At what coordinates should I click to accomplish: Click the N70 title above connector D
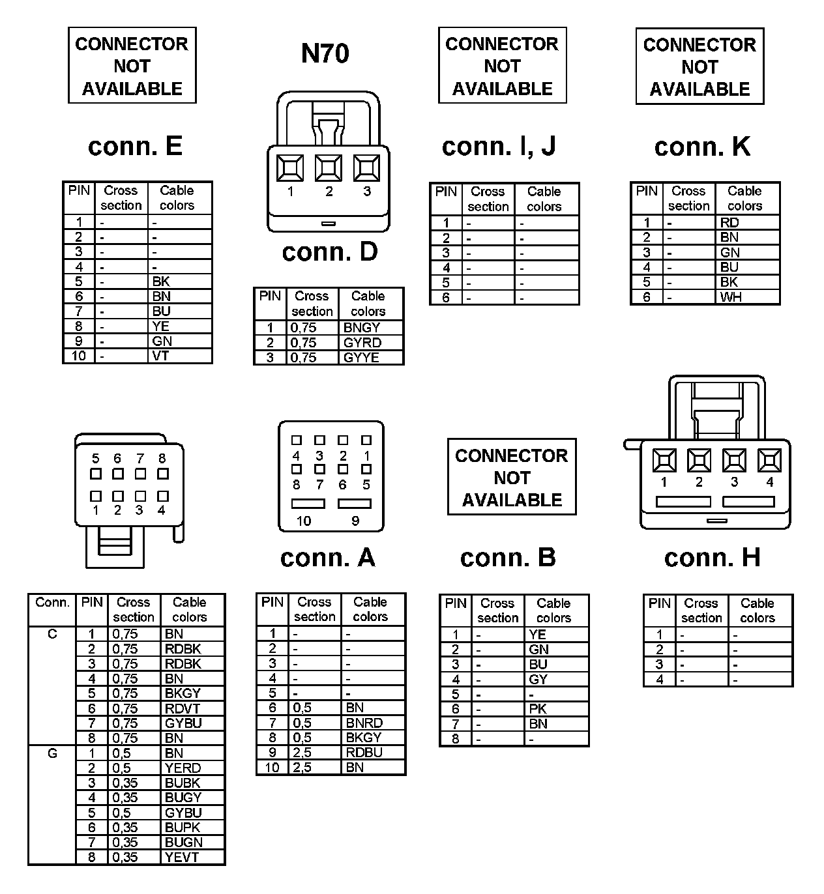point(325,53)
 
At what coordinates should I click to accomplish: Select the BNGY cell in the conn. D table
point(361,328)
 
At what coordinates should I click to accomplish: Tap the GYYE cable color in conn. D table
point(361,358)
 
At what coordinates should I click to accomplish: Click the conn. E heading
point(135,146)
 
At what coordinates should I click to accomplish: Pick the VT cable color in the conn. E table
point(161,356)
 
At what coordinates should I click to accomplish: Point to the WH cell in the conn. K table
point(731,297)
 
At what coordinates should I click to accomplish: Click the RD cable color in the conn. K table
point(729,223)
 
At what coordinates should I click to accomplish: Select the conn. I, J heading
point(499,146)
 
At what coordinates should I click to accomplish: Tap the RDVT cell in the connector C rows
point(183,708)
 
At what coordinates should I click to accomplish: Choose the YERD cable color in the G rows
point(183,768)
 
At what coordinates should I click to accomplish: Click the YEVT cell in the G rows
point(182,858)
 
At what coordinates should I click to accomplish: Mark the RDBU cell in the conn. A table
point(364,753)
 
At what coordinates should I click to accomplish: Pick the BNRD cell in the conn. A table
point(364,723)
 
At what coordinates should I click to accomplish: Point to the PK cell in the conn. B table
point(538,709)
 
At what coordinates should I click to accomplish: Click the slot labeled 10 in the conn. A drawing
point(308,504)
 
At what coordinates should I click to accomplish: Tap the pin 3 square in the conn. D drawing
point(367,168)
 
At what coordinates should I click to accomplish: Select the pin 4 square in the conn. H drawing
point(769,461)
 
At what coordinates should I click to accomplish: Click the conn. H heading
point(712,558)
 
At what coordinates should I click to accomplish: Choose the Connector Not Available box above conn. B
point(512,477)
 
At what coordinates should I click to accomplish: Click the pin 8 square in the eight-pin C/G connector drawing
point(163,474)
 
